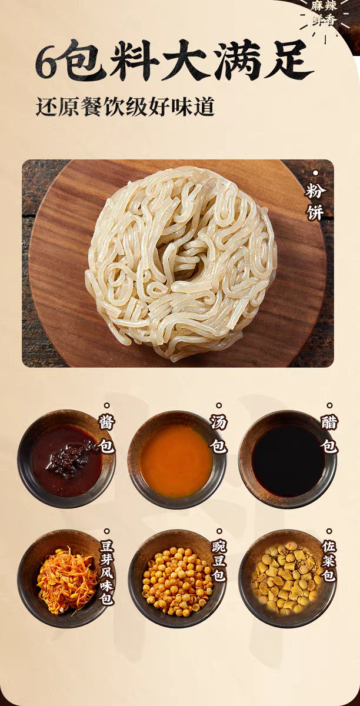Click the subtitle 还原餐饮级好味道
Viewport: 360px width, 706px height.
[x=125, y=107]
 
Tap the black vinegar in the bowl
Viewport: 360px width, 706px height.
[x=288, y=461]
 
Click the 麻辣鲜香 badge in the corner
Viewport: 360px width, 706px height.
[x=324, y=14]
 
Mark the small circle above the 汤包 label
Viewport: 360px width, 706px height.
[x=219, y=405]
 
